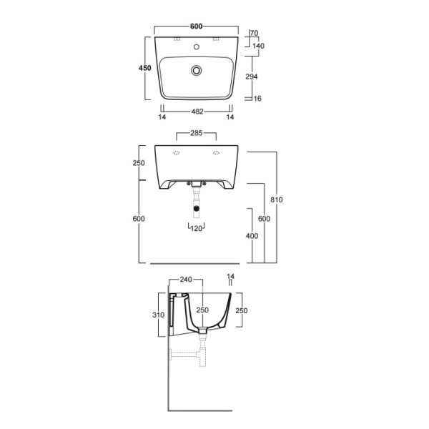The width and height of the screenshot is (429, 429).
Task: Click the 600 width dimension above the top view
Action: [x=195, y=26]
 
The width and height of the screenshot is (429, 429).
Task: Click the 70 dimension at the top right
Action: [x=255, y=33]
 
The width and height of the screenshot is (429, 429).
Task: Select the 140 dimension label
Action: [x=258, y=45]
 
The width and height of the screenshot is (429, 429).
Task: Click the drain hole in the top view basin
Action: [x=195, y=70]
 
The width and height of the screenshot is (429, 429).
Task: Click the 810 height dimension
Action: [x=278, y=199]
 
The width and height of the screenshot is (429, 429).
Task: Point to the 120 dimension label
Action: [x=196, y=229]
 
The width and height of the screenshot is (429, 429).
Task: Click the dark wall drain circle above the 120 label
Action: [x=195, y=209]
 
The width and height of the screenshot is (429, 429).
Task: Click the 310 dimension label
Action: [x=159, y=313]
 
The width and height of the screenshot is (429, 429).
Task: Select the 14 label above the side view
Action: [x=230, y=276]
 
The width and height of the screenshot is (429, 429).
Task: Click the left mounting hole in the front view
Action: [x=176, y=152]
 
